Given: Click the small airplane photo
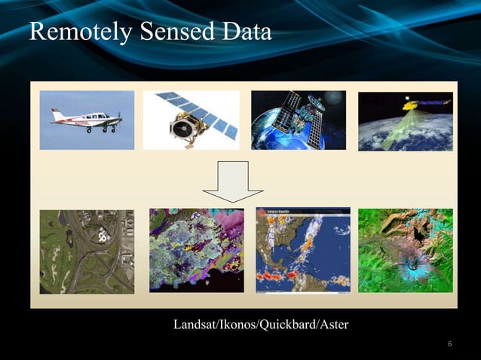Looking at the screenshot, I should [87, 120].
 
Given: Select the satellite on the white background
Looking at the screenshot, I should [191, 120].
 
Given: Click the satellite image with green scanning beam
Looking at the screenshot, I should [405, 121].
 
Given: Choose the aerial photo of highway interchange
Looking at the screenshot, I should [87, 252].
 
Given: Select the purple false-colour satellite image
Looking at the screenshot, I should [196, 251].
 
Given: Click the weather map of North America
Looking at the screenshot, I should [303, 250].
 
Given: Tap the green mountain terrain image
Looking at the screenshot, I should [405, 250].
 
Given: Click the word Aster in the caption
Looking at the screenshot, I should [334, 325].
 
